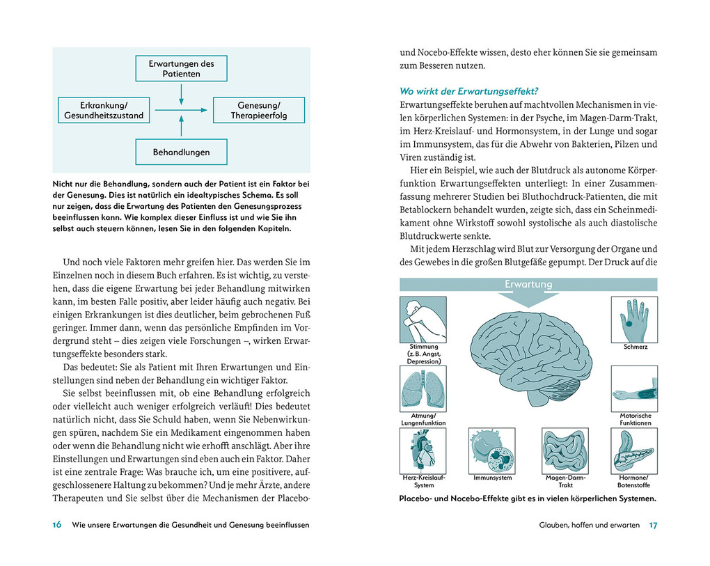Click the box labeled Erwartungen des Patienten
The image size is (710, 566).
pyautogui.click(x=181, y=68)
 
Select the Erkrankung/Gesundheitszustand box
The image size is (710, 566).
pyautogui.click(x=104, y=110)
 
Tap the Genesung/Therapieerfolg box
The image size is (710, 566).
pyautogui.click(x=258, y=110)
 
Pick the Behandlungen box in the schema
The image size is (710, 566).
pyautogui.click(x=181, y=152)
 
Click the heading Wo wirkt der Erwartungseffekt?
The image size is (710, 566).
pyautogui.click(x=470, y=91)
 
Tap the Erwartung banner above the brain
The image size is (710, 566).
pyautogui.click(x=528, y=285)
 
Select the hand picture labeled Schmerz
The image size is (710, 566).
pyautogui.click(x=634, y=320)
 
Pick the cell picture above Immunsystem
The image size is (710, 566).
pyautogui.click(x=492, y=450)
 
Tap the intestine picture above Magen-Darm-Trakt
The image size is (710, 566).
pyautogui.click(x=565, y=450)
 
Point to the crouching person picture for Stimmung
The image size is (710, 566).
pyautogui.click(x=423, y=320)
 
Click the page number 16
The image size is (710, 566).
pyautogui.click(x=57, y=525)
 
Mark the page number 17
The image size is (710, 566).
pyautogui.click(x=652, y=525)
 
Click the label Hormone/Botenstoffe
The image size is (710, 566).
pyautogui.click(x=634, y=481)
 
